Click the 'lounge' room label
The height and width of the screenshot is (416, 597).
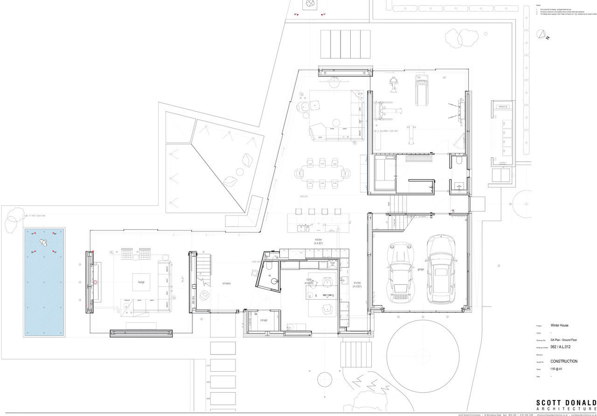pyautogui.click(x=141, y=282)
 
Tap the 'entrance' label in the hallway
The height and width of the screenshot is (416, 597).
pyautogui.click(x=226, y=284)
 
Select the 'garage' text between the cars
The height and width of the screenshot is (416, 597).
pyautogui.click(x=420, y=269)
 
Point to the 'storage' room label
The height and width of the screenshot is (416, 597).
pyautogui.click(x=264, y=320)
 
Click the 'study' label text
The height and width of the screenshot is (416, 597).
pyautogui.click(x=309, y=280)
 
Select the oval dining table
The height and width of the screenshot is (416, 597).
pyautogui.click(x=322, y=173)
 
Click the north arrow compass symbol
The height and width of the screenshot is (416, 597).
pyautogui.click(x=543, y=34)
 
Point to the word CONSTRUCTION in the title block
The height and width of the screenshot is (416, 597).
pyautogui.click(x=563, y=361)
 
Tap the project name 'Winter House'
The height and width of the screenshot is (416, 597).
pyautogui.click(x=559, y=326)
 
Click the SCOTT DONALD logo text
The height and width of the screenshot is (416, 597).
pyautogui.click(x=566, y=404)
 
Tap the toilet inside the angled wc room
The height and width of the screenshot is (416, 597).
pyautogui.click(x=269, y=267)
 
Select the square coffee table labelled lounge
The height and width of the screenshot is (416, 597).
pyautogui.click(x=141, y=282)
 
